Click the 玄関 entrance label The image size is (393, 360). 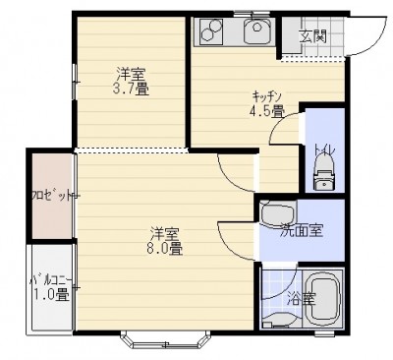(x=313, y=35)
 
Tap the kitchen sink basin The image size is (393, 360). (x=258, y=30)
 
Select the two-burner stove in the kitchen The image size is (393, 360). (x=208, y=30)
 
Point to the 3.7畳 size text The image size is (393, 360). (x=131, y=89)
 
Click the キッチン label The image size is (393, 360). (x=267, y=96)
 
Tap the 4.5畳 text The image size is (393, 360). (x=266, y=111)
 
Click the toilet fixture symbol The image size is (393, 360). (x=324, y=172)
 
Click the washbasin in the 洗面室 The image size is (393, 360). (x=278, y=214)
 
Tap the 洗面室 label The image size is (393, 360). (x=302, y=231)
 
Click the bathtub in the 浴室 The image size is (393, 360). (x=323, y=299)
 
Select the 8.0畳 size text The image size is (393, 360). (x=164, y=249)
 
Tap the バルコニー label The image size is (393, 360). (x=51, y=280)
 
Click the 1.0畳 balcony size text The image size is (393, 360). (x=52, y=295)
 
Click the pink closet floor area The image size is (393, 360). (x=52, y=196)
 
